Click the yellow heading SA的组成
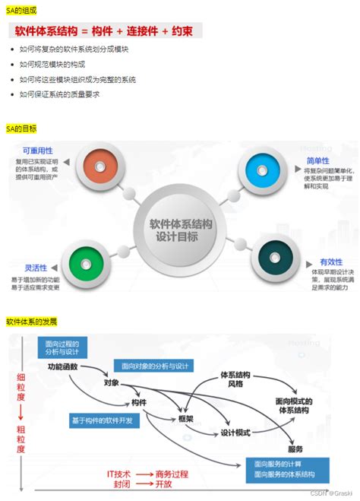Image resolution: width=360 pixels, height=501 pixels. (x=21, y=10)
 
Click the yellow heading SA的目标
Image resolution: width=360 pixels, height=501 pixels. (x=21, y=128)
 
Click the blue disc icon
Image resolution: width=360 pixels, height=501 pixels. (x=260, y=165)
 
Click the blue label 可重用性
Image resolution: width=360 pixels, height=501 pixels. (x=38, y=151)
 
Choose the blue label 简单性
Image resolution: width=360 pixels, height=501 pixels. (x=317, y=160)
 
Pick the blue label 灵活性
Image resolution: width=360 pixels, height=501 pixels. (x=36, y=268)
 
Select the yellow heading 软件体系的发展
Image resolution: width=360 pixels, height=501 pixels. (x=32, y=322)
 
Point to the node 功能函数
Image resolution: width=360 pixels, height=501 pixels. (x=63, y=366)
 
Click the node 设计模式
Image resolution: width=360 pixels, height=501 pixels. (x=235, y=433)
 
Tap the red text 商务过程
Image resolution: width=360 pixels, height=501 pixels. (x=172, y=474)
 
